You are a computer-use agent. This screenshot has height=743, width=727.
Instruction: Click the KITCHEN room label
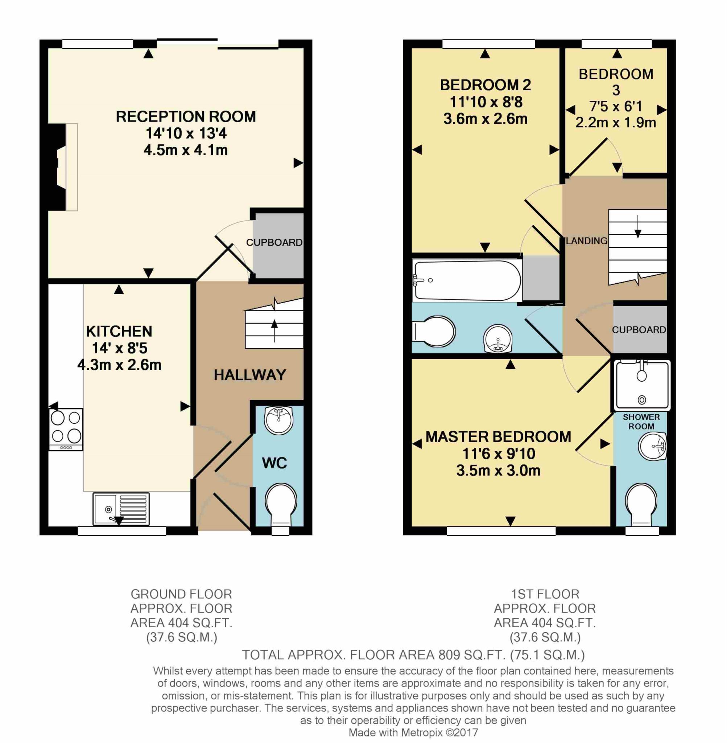(119, 331)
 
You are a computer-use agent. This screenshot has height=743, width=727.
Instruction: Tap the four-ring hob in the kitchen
(66, 430)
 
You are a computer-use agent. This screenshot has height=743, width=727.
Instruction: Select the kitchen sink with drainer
(121, 509)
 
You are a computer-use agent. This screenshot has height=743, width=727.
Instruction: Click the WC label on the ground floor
(274, 463)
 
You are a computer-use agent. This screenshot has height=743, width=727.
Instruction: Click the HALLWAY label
(250, 375)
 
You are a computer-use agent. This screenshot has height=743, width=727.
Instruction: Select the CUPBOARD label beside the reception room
(274, 243)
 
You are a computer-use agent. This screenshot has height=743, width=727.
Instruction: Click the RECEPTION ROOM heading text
(186, 116)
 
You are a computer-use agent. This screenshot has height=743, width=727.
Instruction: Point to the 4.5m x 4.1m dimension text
(186, 150)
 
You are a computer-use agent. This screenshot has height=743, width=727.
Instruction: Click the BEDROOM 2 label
(485, 85)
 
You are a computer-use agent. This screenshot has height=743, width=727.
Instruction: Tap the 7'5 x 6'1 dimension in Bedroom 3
(616, 106)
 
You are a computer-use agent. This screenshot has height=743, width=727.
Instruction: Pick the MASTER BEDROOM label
(498, 437)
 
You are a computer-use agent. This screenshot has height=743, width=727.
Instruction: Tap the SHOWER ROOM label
(641, 422)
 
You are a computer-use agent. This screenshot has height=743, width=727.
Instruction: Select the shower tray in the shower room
(642, 385)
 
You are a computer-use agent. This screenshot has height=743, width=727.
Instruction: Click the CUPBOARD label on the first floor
(639, 330)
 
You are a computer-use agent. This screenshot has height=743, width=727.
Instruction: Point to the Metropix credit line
(413, 732)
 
